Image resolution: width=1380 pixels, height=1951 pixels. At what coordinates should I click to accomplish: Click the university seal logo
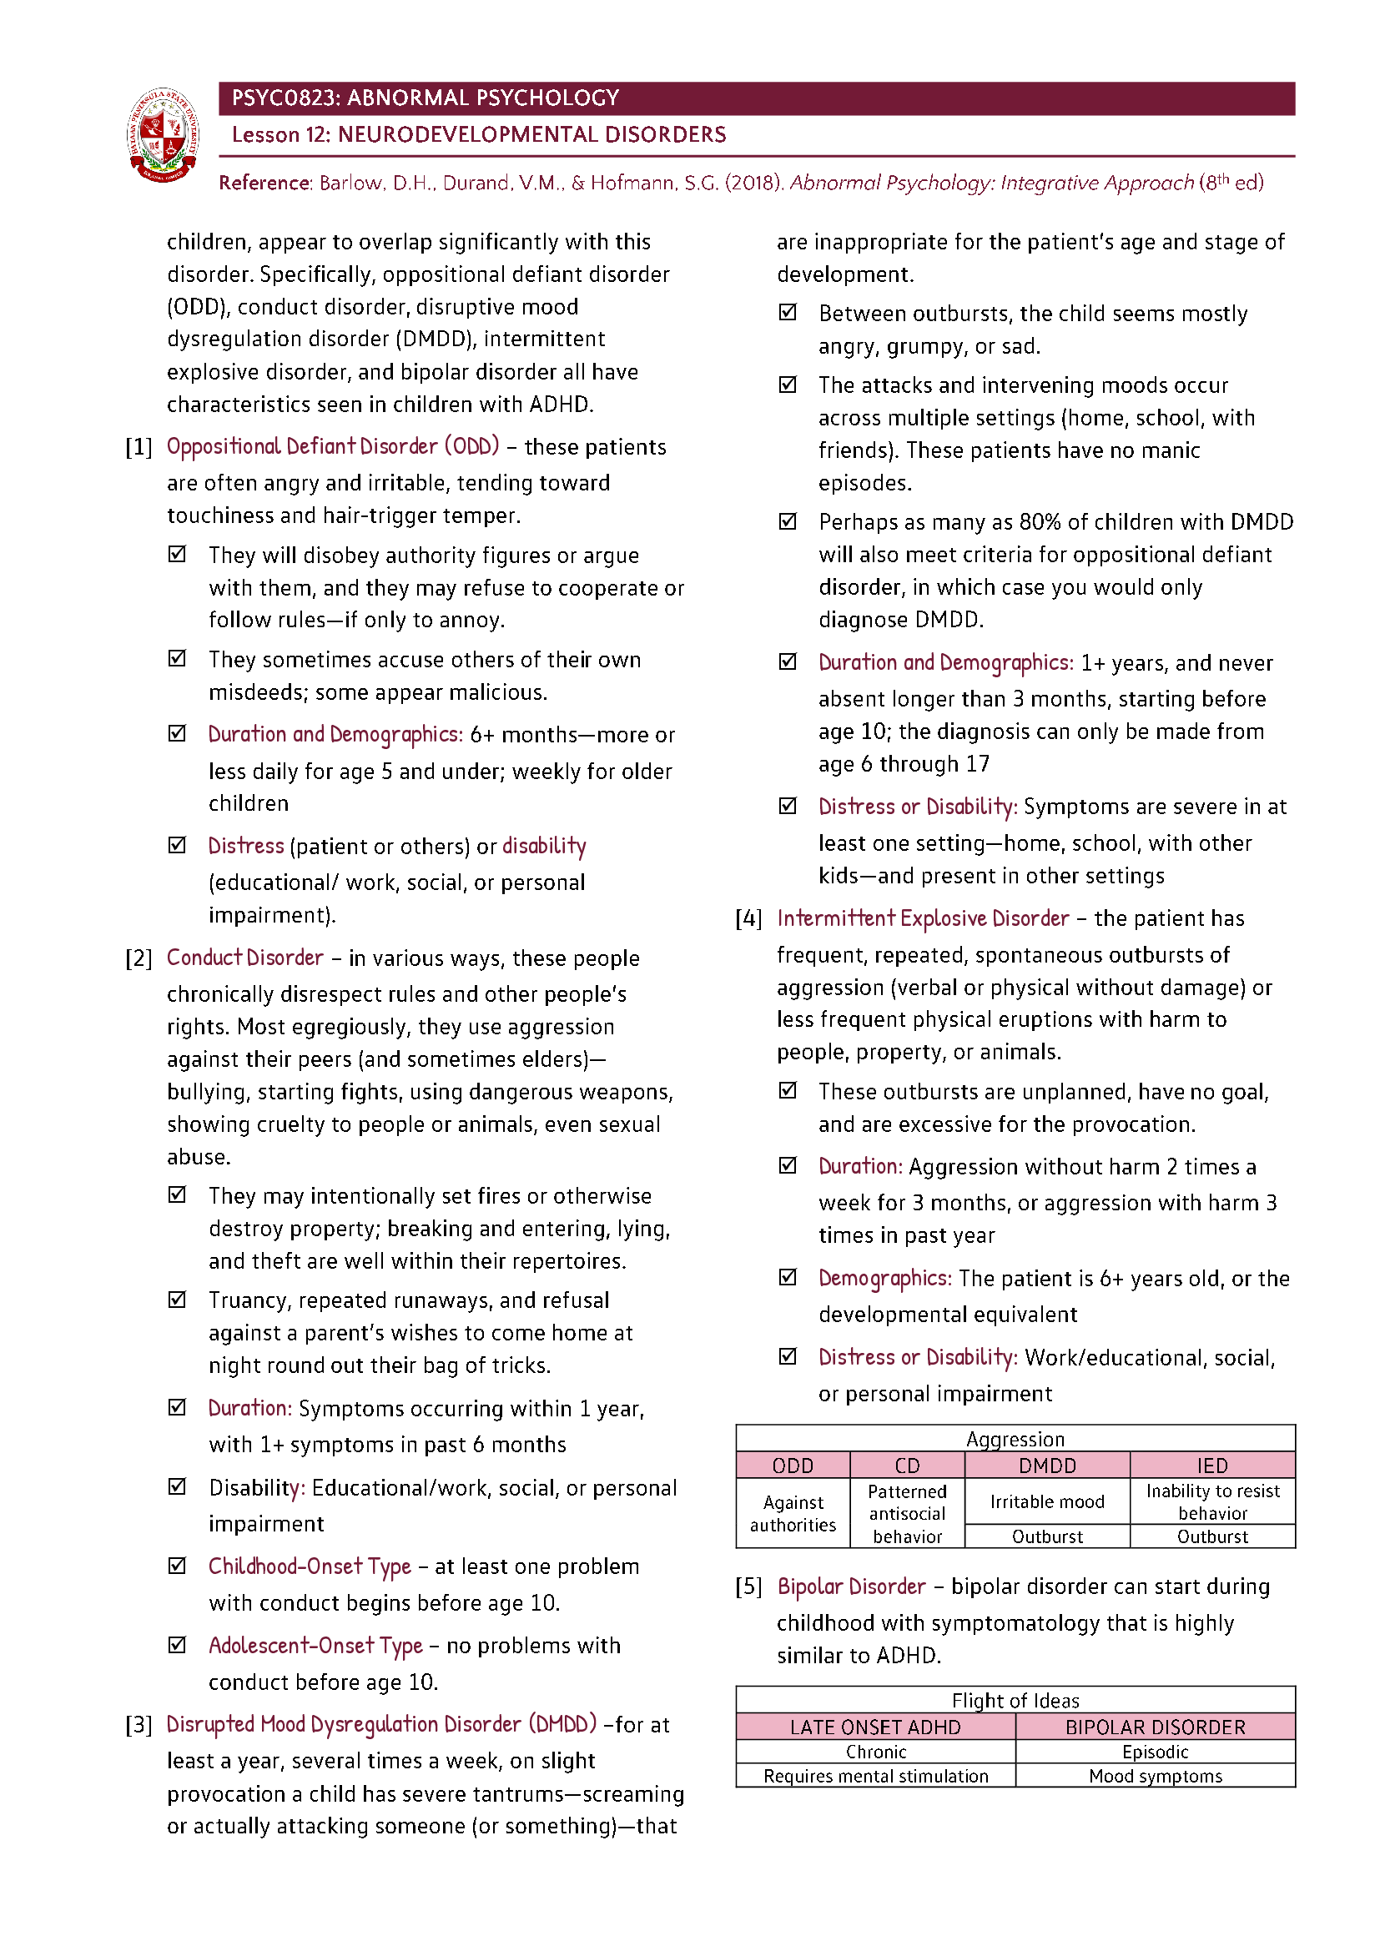click(164, 134)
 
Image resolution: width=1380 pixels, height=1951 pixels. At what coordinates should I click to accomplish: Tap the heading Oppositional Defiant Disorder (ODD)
click(332, 447)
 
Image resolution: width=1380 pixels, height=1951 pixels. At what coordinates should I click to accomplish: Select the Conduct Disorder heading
click(244, 958)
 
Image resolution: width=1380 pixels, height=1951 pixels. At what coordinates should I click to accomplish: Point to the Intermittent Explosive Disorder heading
click(922, 918)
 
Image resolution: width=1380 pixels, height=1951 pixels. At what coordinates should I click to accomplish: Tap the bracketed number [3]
click(139, 1725)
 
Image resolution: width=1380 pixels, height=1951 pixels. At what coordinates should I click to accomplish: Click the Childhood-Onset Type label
click(310, 1566)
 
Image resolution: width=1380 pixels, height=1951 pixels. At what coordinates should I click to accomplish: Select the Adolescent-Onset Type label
click(315, 1645)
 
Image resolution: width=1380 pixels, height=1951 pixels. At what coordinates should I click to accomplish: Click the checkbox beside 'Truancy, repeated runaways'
click(177, 1300)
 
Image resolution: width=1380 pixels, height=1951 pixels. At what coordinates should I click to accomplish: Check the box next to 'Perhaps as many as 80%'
click(788, 520)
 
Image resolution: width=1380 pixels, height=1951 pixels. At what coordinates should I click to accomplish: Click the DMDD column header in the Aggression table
click(1047, 1465)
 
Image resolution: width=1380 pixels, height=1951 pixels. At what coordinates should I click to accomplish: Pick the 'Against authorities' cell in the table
click(793, 1513)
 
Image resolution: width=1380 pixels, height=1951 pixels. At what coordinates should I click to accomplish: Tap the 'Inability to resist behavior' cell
click(1211, 1501)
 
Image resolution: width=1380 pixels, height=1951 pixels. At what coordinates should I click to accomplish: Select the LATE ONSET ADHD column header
click(875, 1727)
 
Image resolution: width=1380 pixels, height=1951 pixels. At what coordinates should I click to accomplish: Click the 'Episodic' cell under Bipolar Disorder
click(1155, 1752)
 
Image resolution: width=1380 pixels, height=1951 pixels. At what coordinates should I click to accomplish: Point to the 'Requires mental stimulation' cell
click(875, 1776)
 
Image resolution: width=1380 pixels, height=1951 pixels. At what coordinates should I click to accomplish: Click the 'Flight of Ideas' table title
click(1015, 1700)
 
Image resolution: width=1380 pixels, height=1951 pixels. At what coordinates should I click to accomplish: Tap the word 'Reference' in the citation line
click(264, 183)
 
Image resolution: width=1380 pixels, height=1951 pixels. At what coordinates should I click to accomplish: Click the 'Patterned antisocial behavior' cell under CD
click(907, 1513)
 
